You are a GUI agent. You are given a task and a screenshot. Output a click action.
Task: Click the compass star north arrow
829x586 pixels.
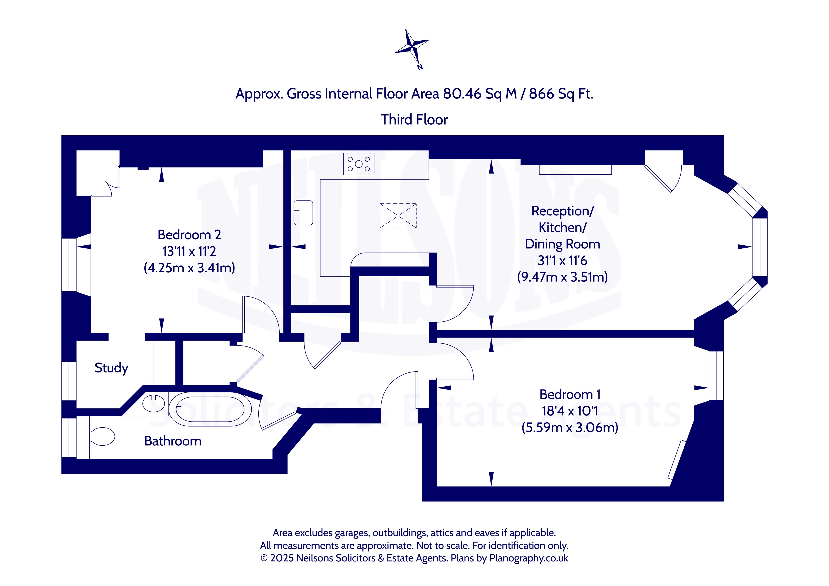pyautogui.click(x=412, y=47)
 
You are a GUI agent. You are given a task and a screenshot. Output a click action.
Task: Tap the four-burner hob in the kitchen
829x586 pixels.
pyautogui.click(x=359, y=164)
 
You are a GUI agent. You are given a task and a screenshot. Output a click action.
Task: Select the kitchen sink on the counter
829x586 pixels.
pyautogui.click(x=303, y=213)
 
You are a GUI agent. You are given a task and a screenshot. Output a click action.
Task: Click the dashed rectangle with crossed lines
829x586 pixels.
pyautogui.click(x=398, y=216)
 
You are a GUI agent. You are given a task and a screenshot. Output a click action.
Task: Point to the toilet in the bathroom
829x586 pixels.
pyautogui.click(x=102, y=437)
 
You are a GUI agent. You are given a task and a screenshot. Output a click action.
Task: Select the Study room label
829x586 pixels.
pyautogui.click(x=111, y=368)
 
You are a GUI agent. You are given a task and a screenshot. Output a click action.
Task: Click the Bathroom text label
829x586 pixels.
pyautogui.click(x=173, y=441)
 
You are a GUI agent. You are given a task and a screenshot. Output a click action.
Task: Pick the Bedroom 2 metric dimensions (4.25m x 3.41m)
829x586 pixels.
pyautogui.click(x=189, y=268)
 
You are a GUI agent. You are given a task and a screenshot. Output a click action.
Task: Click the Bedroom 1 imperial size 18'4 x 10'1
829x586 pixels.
pyautogui.click(x=570, y=411)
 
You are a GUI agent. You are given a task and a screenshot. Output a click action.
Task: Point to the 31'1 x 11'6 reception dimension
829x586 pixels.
pyautogui.click(x=562, y=261)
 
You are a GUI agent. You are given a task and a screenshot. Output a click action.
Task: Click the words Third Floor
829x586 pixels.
pyautogui.click(x=414, y=120)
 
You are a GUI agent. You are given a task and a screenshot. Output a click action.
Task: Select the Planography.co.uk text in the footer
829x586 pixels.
pyautogui.click(x=529, y=558)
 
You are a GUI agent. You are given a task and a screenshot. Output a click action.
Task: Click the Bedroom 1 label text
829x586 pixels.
pyautogui.click(x=570, y=394)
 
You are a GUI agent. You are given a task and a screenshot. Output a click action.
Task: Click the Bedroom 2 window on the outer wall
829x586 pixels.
pyautogui.click(x=69, y=265)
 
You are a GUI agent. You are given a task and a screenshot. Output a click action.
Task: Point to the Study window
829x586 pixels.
pyautogui.click(x=69, y=381)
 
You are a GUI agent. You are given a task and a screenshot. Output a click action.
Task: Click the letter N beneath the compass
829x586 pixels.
pyautogui.click(x=420, y=67)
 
